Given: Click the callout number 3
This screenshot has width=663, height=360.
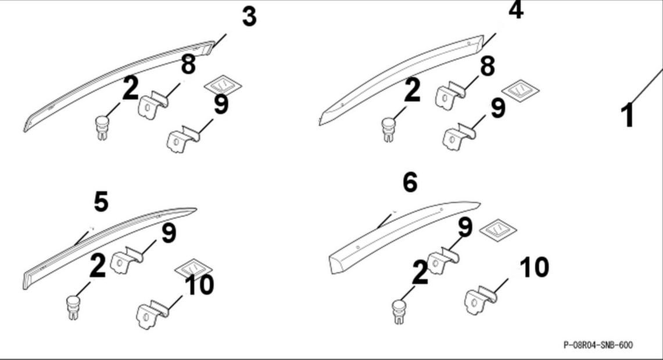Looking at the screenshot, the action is pyautogui.click(x=249, y=17).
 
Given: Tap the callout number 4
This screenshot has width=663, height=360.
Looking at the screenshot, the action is pyautogui.click(x=516, y=10).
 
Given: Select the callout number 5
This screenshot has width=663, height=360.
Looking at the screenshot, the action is pyautogui.click(x=101, y=201).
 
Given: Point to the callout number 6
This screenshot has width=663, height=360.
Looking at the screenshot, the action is pyautogui.click(x=410, y=182).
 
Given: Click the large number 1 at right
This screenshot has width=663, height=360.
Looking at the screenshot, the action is pyautogui.click(x=628, y=115).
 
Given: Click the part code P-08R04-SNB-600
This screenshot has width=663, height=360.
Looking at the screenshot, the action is pyautogui.click(x=598, y=345).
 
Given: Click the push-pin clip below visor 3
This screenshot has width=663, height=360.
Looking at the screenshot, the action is pyautogui.click(x=100, y=128).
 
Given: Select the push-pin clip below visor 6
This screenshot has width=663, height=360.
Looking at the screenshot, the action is pyautogui.click(x=398, y=312).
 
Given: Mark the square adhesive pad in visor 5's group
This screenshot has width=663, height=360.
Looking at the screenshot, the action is pyautogui.click(x=193, y=269).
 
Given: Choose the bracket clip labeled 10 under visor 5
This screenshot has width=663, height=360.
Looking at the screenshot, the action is pyautogui.click(x=152, y=314).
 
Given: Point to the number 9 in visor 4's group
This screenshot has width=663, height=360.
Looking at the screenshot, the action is pyautogui.click(x=498, y=108).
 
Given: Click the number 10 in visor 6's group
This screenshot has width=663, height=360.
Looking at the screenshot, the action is pyautogui.click(x=535, y=268).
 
